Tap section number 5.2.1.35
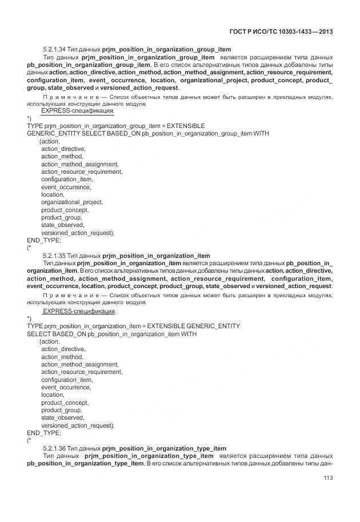[54, 255]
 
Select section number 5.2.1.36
[54, 448]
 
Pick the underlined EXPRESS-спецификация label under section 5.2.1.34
[78, 111]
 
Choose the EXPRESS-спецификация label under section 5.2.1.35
[79, 311]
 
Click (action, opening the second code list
[49, 341]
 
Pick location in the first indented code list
[53, 194]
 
